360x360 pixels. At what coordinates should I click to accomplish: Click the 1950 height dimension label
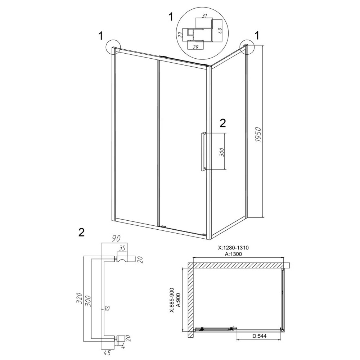pyautogui.click(x=259, y=134)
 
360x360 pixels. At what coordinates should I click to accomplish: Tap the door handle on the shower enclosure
pyautogui.click(x=203, y=152)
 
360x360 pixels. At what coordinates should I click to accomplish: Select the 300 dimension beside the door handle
pyautogui.click(x=221, y=151)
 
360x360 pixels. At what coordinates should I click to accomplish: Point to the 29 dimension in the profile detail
pyautogui.click(x=195, y=47)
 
